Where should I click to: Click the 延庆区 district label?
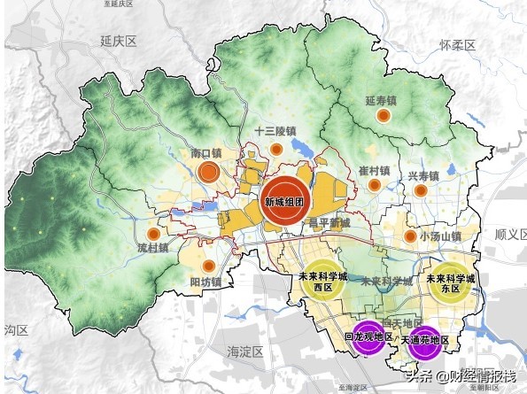point(117,42)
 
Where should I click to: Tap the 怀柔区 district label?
point(459,44)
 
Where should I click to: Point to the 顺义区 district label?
point(508,235)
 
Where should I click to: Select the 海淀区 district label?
point(245,352)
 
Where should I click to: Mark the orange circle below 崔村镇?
point(375,185)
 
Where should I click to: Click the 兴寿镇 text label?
point(424,176)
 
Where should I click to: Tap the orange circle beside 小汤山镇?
point(410,236)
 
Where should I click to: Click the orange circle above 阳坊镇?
point(209,266)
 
